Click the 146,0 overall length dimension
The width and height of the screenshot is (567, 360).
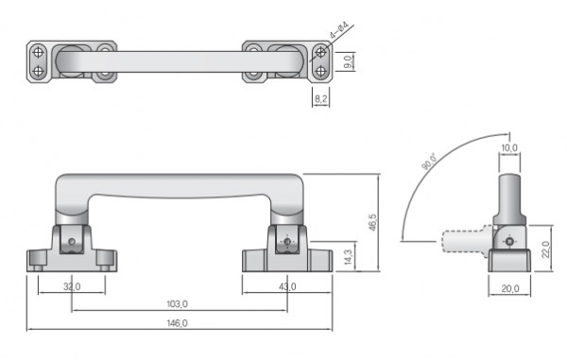178,323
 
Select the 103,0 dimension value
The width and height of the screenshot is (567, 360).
178,304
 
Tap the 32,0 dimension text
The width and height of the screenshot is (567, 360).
72,286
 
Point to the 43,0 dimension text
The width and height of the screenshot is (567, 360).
287,286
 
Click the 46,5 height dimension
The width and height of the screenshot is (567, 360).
372,222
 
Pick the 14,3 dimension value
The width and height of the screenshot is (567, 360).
348,257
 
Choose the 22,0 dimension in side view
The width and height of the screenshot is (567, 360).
546,249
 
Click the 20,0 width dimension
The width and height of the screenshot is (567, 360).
510,288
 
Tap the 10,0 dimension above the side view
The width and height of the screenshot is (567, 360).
509,147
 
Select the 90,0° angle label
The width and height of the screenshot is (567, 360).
430,162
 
